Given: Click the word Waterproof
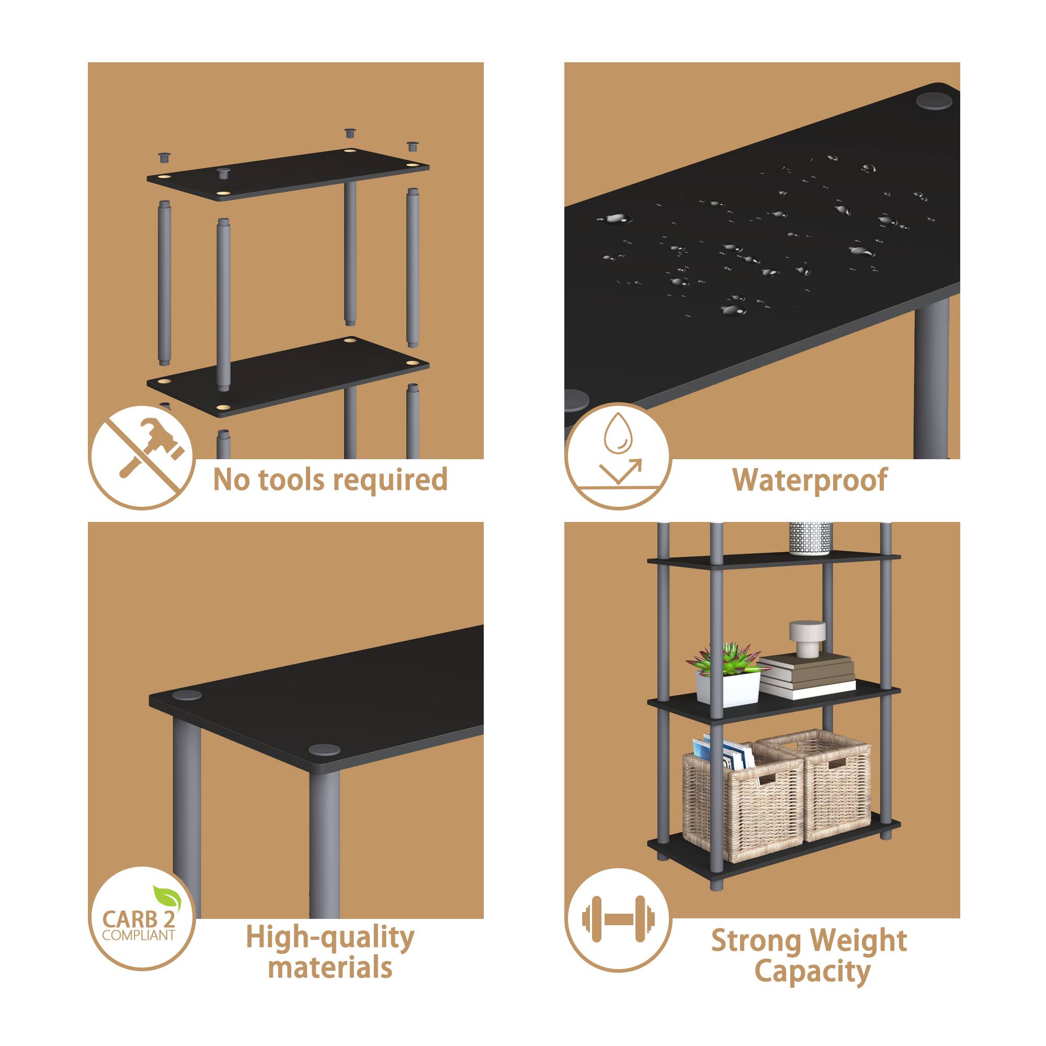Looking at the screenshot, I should tap(810, 480).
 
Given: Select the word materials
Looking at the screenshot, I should tap(329, 968).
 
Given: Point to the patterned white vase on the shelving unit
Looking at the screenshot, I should tap(809, 537).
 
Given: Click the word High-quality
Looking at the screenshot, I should tap(329, 937).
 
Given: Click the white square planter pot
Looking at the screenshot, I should tap(727, 689).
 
